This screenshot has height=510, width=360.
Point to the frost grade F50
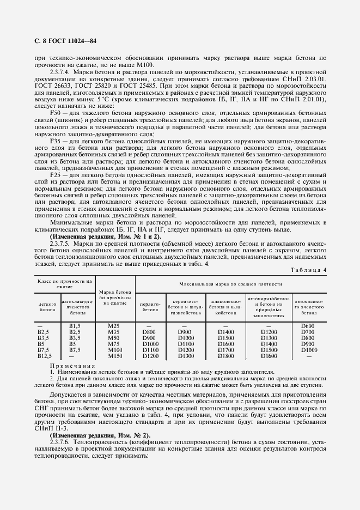coord(56,112)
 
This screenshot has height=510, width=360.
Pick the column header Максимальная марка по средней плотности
coord(231,284)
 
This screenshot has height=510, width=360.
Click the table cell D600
coord(308,326)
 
